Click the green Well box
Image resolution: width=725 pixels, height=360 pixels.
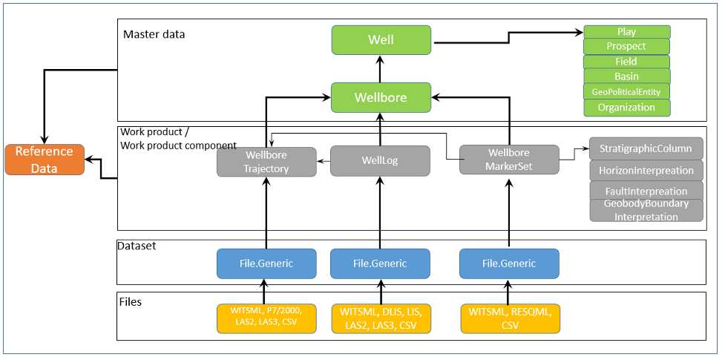[x=381, y=39]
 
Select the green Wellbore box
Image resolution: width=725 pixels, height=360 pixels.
[x=381, y=97]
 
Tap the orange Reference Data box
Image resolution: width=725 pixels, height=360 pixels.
[x=45, y=160]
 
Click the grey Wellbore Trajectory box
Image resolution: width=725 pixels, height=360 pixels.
[x=266, y=161]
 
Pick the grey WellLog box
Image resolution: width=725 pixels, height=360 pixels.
[x=380, y=160]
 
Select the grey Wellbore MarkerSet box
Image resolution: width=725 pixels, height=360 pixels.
[x=508, y=160]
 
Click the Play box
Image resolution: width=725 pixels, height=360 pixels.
[x=626, y=32]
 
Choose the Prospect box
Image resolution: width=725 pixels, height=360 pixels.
[x=626, y=46]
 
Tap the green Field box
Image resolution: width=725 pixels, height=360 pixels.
[x=626, y=62]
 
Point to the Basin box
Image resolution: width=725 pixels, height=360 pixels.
[x=626, y=76]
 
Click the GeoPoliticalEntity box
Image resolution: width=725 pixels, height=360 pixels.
[x=626, y=91]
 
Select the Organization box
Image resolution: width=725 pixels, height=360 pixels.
[x=626, y=108]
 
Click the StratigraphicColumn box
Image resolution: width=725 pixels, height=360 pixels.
[x=646, y=148]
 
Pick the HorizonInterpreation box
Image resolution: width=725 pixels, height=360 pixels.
[x=646, y=170]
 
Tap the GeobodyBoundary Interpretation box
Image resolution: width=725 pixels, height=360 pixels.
[x=646, y=210]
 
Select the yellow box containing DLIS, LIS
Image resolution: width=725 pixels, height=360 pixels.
[x=380, y=318]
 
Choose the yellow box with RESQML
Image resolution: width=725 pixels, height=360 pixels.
[x=510, y=318]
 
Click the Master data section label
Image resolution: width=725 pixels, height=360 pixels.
[x=154, y=34]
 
